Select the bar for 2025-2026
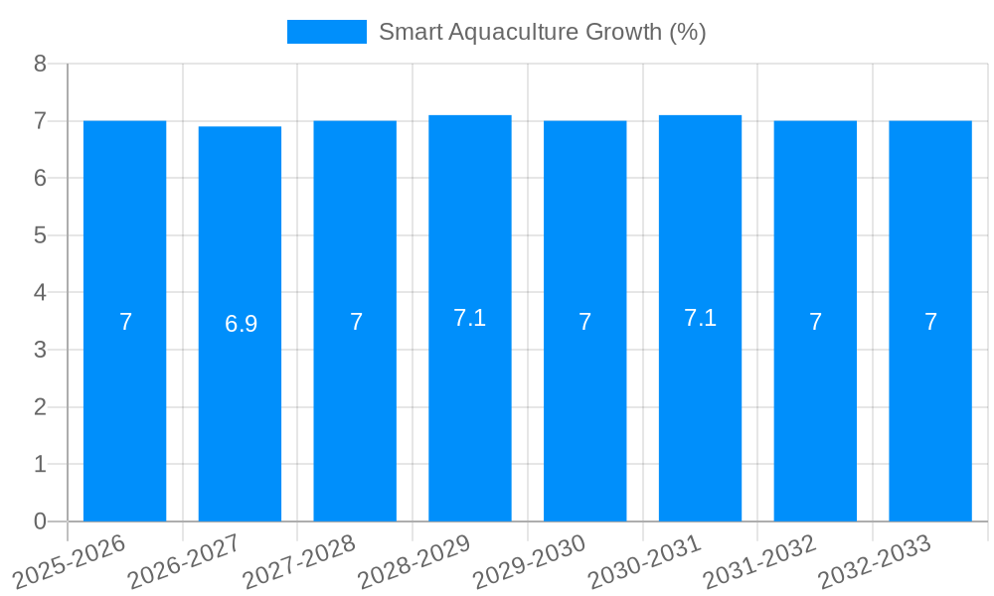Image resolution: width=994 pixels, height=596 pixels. point(124,321)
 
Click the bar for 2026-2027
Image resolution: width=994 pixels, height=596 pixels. point(240,324)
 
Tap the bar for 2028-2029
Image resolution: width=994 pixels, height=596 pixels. point(470,318)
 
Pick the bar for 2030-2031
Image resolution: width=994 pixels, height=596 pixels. point(700,318)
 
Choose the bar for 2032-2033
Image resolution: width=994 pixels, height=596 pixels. point(930,321)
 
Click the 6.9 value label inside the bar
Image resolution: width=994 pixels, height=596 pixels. point(241,324)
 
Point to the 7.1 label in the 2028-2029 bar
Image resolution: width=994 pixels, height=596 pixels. point(469,318)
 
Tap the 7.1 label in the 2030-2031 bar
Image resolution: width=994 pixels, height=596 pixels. point(700,318)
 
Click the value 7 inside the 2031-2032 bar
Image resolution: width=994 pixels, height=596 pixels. point(815,322)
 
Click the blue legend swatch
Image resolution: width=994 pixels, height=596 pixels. point(326,32)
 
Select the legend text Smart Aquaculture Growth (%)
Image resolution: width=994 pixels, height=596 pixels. point(542,32)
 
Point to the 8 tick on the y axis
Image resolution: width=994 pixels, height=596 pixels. point(40,64)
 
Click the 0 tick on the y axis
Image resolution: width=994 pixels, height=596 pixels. point(40,521)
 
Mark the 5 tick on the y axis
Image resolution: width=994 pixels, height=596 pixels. point(40,235)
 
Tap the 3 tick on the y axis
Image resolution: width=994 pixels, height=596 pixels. point(40,350)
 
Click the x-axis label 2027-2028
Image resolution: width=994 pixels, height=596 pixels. point(299,561)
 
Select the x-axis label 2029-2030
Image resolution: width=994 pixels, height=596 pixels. point(529,561)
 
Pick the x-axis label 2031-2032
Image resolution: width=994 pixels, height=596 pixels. point(759,561)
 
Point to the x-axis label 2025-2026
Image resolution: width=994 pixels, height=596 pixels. point(69,561)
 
